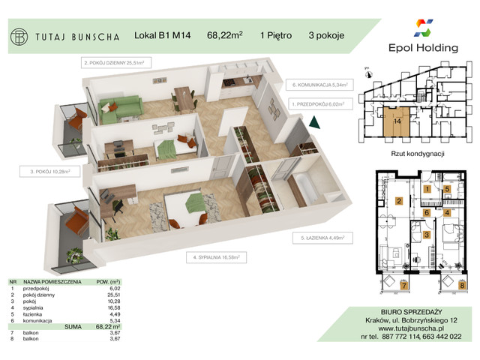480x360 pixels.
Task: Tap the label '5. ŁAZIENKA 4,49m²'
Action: coord(319,238)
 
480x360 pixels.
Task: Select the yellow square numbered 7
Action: coord(404,284)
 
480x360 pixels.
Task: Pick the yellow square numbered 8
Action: coord(461,284)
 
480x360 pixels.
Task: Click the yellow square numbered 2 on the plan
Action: coord(400,200)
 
